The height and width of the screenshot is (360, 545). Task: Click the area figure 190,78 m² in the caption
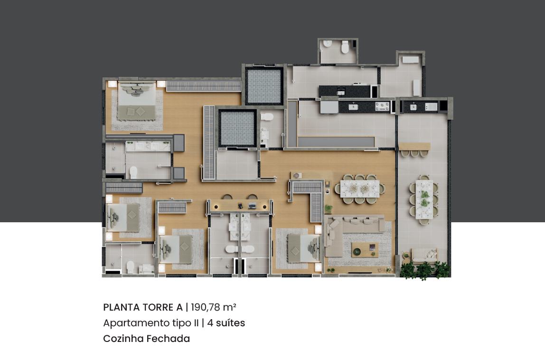tap(214, 307)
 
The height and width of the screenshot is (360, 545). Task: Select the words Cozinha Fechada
tap(146, 339)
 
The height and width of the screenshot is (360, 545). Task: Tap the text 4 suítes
tap(226, 323)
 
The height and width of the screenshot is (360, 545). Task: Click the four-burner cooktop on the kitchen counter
tap(382, 106)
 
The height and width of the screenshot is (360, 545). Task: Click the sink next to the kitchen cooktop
tap(354, 107)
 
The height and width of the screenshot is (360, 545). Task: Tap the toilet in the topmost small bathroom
tap(345, 47)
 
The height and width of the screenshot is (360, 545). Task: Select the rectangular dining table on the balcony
tap(424, 199)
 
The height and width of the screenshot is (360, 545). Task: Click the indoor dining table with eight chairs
tap(360, 189)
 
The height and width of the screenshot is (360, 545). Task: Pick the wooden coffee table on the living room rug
tap(365, 250)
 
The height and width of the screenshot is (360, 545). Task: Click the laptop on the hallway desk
tap(253, 206)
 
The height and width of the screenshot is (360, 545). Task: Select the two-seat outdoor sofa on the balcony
tap(424, 255)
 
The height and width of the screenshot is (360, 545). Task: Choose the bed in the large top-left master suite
tap(137, 101)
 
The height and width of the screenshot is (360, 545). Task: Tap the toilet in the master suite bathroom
tap(133, 172)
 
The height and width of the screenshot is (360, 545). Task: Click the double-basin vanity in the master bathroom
tap(148, 146)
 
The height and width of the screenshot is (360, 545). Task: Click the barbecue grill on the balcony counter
tap(431, 106)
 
